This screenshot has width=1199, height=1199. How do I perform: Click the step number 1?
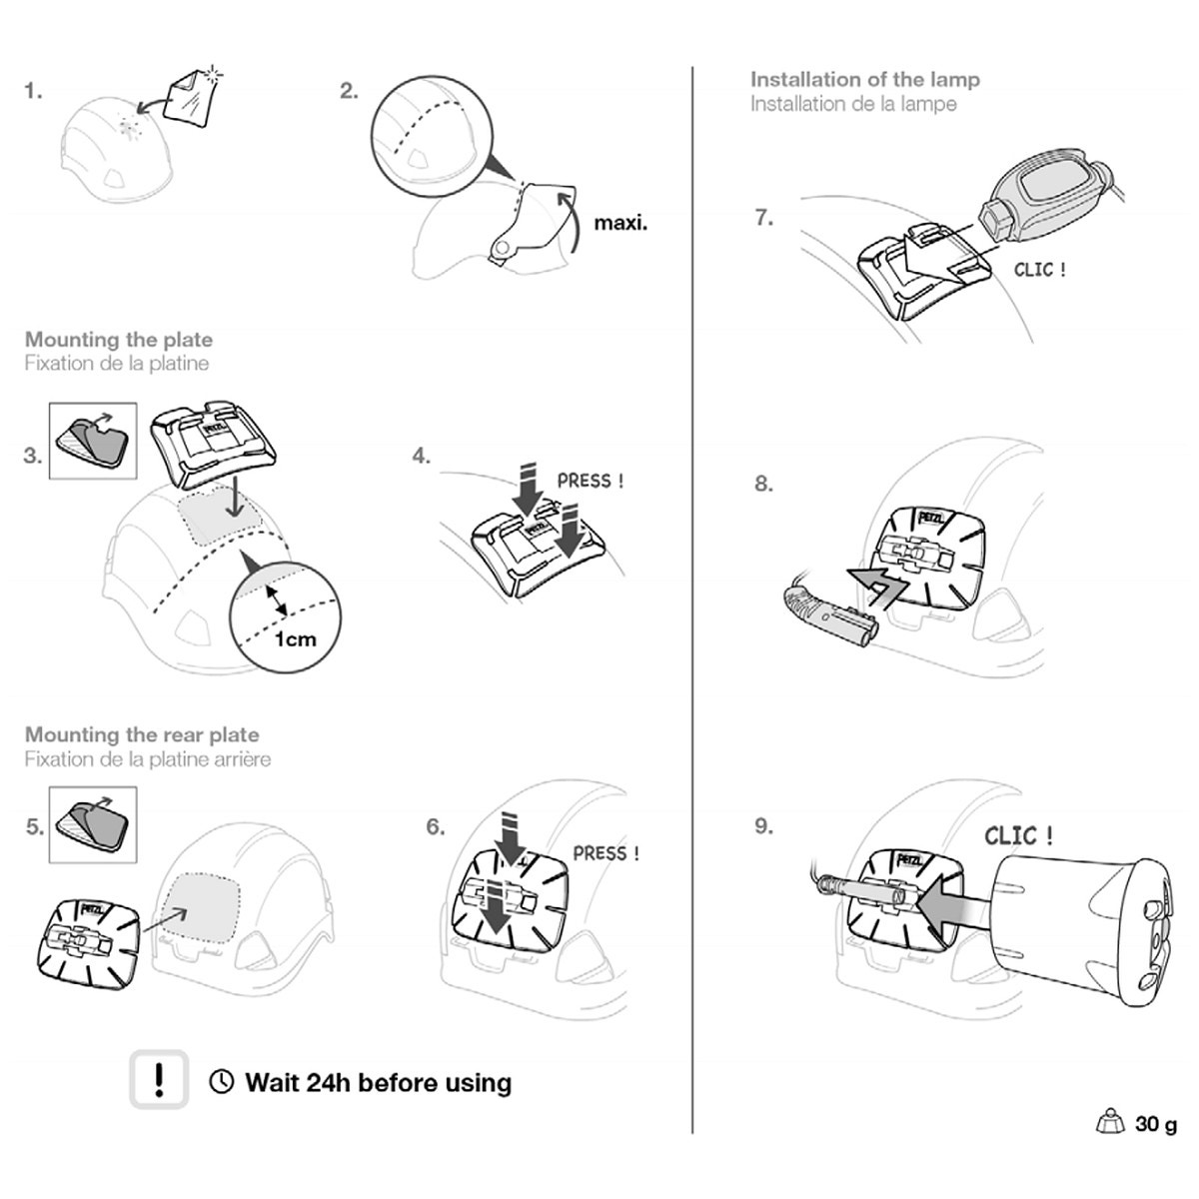[x=34, y=92]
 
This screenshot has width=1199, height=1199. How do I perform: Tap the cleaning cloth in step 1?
[x=193, y=98]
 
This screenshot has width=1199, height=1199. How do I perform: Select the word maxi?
[x=620, y=222]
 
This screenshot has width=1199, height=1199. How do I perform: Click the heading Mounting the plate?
[x=119, y=340]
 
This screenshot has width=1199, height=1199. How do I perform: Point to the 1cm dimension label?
[x=295, y=639]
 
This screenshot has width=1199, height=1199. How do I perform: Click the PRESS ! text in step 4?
[x=591, y=481]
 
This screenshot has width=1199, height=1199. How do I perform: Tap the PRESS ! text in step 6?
[x=605, y=853]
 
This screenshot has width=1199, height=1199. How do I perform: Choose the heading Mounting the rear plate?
[x=142, y=735]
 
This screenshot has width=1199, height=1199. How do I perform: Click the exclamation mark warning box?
[x=159, y=1080]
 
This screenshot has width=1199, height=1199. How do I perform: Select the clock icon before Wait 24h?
[x=222, y=1082]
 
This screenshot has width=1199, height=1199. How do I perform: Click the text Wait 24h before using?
[x=378, y=1082]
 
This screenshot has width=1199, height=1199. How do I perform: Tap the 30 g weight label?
[x=1155, y=1124]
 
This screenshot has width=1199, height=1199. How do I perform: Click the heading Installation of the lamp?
[x=865, y=80]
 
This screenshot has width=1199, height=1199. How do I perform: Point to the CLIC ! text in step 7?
[x=1039, y=270]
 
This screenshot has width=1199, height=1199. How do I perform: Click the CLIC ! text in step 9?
[x=1018, y=835]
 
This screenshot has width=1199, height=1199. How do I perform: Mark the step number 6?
[x=436, y=827]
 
